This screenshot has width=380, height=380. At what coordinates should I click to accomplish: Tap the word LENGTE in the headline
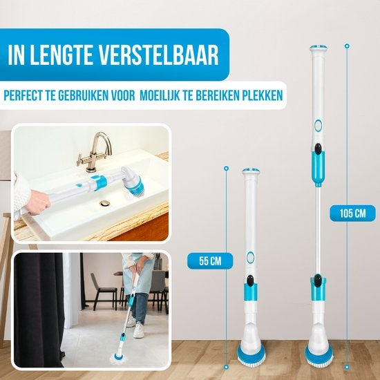(x=61, y=55)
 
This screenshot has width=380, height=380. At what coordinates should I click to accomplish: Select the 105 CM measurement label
(x=352, y=213)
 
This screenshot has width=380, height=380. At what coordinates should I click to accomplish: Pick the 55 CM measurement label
(x=210, y=261)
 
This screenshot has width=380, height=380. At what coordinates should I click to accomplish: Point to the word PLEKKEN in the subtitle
(x=263, y=95)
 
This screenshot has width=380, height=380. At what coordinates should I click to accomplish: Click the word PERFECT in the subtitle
(x=23, y=95)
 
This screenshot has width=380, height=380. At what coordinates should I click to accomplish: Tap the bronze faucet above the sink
(x=95, y=151)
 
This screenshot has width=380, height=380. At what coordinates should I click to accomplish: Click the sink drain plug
(x=105, y=203)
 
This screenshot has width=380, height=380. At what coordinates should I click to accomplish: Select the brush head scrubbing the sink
(x=134, y=180)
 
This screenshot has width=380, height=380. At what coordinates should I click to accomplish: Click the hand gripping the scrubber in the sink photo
(x=39, y=202)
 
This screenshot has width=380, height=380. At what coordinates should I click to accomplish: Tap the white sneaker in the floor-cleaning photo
(x=139, y=330)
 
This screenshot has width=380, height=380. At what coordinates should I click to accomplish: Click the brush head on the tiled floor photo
(x=117, y=358)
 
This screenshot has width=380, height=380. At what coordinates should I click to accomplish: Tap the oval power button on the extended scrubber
(x=318, y=126)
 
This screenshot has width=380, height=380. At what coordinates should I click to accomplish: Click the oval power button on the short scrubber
(x=250, y=257)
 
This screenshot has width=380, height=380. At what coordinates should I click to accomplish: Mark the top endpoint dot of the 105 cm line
(x=347, y=46)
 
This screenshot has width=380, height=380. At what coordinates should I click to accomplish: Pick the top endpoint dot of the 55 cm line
(x=227, y=168)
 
